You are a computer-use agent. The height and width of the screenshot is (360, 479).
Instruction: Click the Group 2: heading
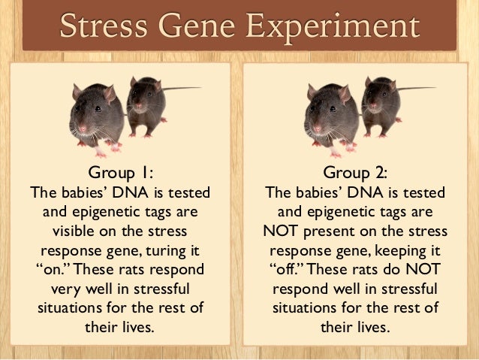click(357, 172)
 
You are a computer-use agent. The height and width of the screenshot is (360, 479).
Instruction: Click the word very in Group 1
click(66, 289)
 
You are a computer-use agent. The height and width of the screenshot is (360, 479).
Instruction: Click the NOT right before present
click(284, 230)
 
